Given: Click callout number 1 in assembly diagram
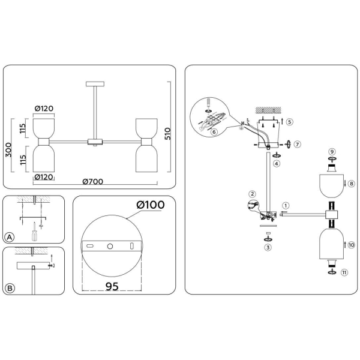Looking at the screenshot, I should click(286, 205).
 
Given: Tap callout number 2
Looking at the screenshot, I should click(253, 194).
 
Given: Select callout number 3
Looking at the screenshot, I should click(268, 246).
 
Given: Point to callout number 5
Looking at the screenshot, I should click(290, 121).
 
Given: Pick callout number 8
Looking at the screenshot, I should click(352, 184).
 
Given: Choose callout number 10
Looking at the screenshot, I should click(352, 245).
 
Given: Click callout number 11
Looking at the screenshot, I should click(344, 272).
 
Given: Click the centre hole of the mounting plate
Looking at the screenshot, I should click(109, 247).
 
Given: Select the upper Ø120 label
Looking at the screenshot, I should click(44, 109).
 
